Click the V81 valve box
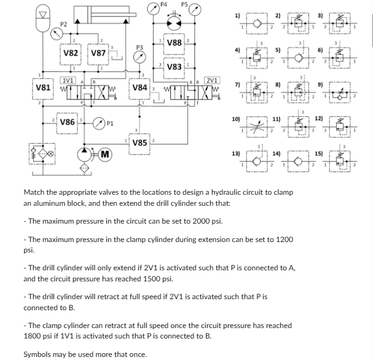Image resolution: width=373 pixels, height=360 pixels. tap(42, 88)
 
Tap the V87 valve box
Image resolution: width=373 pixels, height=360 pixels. tap(99, 53)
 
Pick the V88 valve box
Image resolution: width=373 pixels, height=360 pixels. tap(174, 43)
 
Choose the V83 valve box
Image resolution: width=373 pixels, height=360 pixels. tap(174, 67)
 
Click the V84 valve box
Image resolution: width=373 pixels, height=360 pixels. tap(139, 88)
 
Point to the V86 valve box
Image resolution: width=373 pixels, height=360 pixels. tap(67, 122)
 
